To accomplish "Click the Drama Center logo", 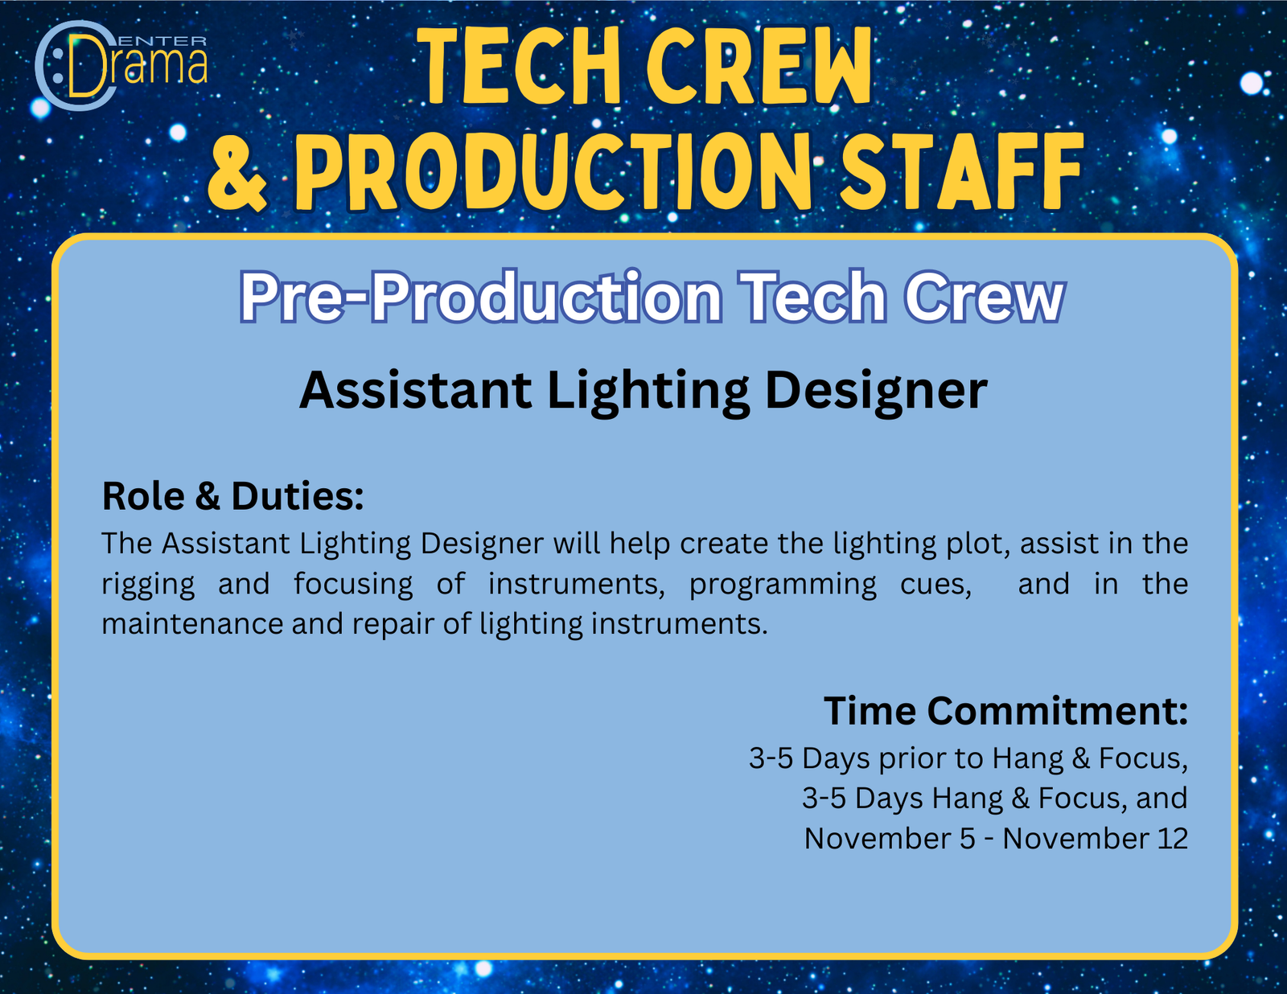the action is coord(121,65).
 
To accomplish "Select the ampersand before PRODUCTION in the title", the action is coord(237,171).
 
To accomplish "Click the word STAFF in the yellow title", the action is coord(961,170).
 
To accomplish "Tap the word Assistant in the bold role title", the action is coord(416,391).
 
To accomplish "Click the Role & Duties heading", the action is coord(232,495).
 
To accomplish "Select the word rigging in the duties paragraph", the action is coord(148,585).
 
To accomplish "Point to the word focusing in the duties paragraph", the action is coord(354,585).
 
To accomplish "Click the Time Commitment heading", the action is coord(1005,710).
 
